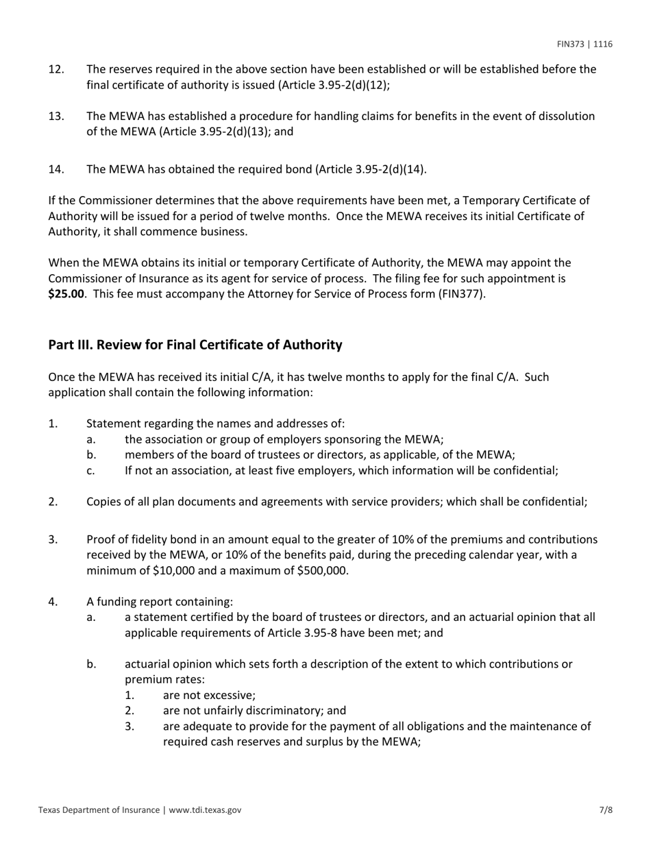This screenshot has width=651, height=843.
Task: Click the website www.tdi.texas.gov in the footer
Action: click(205, 809)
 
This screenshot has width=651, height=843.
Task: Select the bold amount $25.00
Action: click(66, 295)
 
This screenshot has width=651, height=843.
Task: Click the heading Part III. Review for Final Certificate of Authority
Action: click(195, 345)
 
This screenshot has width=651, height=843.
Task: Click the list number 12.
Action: click(56, 69)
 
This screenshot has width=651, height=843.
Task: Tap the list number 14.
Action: click(56, 169)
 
